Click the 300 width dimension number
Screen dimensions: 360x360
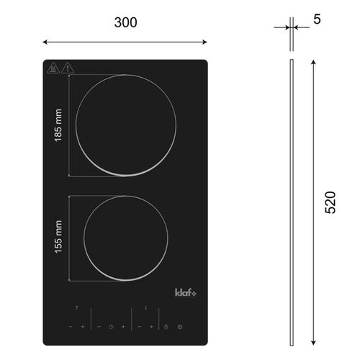click(x=125, y=22)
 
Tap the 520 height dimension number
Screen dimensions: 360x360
click(x=330, y=201)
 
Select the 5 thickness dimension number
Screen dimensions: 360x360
click(x=317, y=19)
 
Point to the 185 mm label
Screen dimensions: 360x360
click(x=58, y=125)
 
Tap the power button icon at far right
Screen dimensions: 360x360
click(x=179, y=328)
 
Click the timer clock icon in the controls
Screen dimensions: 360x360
click(x=112, y=328)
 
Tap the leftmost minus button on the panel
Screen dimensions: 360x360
click(x=71, y=328)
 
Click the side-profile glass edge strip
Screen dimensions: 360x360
click(x=290, y=202)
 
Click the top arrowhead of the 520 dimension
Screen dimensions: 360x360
click(x=312, y=63)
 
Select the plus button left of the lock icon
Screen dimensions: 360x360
click(x=152, y=328)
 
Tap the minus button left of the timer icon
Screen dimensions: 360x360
click(x=99, y=328)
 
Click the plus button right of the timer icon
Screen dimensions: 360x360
click(x=124, y=328)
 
